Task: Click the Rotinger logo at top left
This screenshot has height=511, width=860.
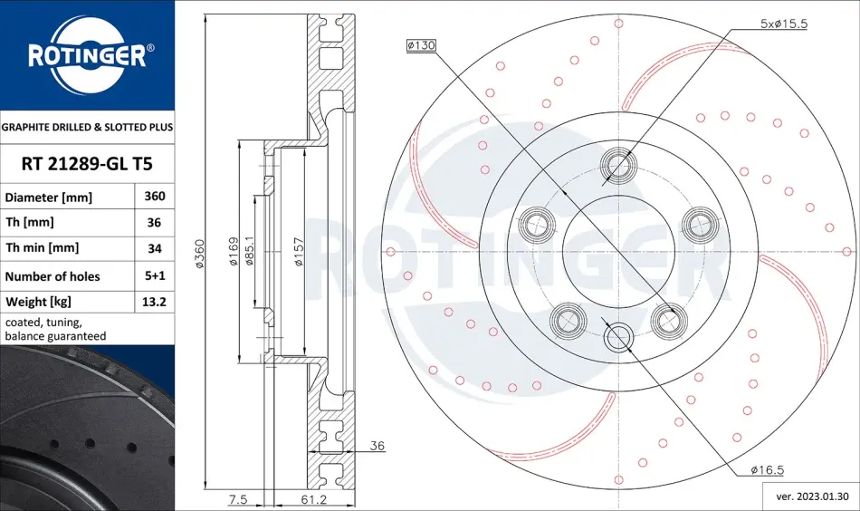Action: [87, 54]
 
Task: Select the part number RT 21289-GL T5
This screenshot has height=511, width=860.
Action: [87, 164]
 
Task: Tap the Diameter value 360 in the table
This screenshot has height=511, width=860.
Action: [155, 196]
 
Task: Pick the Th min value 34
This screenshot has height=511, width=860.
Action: [155, 248]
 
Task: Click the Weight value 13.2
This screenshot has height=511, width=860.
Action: [154, 302]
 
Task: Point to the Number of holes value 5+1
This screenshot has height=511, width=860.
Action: [155, 275]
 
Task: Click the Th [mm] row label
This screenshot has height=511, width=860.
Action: [30, 222]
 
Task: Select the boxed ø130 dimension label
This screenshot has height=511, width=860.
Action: [421, 45]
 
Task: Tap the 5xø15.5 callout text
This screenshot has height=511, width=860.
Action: [784, 24]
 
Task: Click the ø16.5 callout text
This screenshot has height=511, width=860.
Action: [768, 470]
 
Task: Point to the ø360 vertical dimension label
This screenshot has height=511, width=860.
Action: [200, 254]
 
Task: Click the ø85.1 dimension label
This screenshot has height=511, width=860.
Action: [250, 251]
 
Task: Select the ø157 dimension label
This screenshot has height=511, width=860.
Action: [299, 252]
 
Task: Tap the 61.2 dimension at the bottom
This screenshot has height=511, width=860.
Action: [315, 499]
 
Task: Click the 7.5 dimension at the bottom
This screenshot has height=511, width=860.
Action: [238, 499]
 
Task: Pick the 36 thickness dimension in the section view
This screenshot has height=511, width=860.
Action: [377, 446]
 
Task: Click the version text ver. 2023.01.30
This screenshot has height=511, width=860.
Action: [812, 497]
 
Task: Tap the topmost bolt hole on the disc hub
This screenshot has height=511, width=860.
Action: [618, 164]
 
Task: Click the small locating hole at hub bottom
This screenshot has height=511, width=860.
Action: [618, 336]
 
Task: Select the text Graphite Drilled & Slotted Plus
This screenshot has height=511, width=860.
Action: [87, 128]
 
